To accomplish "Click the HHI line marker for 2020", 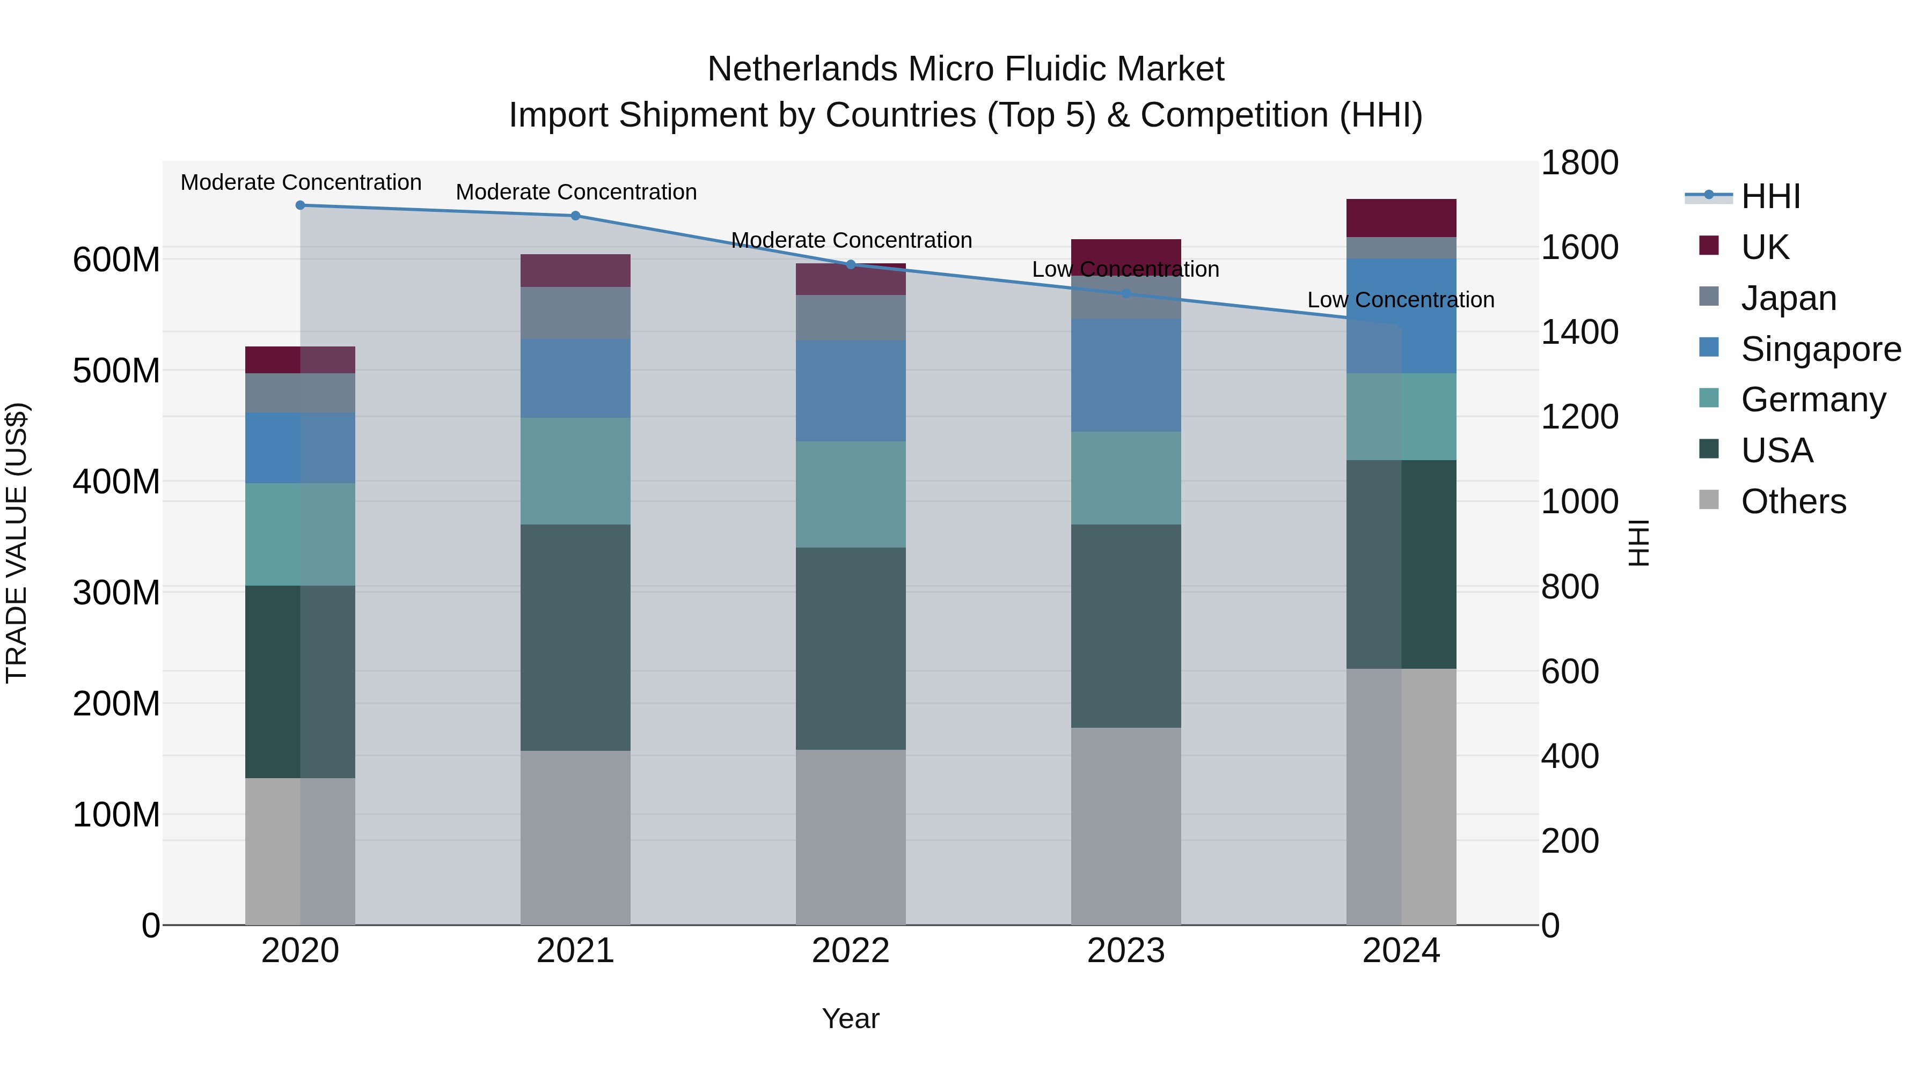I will pos(300,205).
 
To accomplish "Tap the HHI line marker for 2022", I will pos(851,264).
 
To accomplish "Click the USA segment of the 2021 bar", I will pos(575,637).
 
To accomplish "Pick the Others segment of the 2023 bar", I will pos(1126,826).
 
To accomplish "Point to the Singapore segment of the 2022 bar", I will pos(851,390).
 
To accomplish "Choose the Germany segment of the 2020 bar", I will pos(300,534).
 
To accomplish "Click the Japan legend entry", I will pos(1788,298).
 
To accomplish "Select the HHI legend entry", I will pos(1770,196).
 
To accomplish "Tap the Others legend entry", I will pos(1792,501).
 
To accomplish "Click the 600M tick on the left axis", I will pos(116,260).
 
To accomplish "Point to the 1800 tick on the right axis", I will pos(1579,162).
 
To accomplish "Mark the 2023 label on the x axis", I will pos(1126,951).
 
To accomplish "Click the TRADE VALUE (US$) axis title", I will pos(17,543).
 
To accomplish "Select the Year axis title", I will pos(851,1018).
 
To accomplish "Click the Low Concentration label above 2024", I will pos(1400,300).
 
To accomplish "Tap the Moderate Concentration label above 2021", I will pos(576,192).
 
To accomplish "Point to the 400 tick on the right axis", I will pos(1570,756).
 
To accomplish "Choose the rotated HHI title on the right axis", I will pos(1640,543).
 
